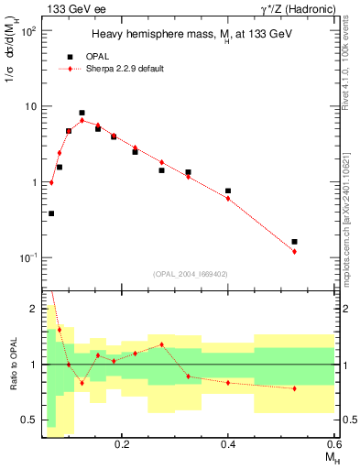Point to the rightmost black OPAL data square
coord(294,242)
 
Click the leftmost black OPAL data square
coord(51,213)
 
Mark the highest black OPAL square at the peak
coord(82,113)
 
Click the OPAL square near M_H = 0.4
coord(228,191)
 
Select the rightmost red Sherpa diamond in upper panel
coord(294,251)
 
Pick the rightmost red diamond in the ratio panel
coord(294,388)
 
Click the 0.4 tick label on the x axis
coord(228,443)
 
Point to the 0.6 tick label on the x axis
coord(333,443)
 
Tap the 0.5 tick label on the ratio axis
coord(31,420)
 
